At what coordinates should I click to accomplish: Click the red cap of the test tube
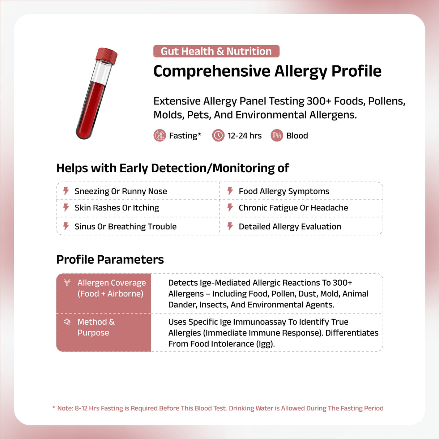(x=107, y=56)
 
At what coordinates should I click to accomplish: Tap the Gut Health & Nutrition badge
(x=216, y=51)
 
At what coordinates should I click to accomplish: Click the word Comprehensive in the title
(x=212, y=71)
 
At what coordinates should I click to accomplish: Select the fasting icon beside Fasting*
(x=159, y=136)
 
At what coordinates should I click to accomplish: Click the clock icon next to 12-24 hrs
(x=218, y=136)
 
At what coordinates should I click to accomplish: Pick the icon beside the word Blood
(x=277, y=136)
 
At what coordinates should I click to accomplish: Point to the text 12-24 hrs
(x=244, y=136)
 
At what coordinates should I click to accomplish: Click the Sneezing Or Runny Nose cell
(x=120, y=191)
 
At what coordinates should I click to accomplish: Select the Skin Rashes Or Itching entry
(x=116, y=208)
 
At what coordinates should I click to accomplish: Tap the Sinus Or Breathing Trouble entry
(x=125, y=227)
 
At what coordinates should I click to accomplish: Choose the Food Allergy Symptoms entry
(x=284, y=191)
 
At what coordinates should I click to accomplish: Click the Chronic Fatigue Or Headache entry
(x=293, y=208)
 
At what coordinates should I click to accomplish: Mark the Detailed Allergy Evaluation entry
(x=290, y=227)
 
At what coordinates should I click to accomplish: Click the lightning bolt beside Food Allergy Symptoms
(x=230, y=191)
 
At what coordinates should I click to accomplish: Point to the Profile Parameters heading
(x=110, y=260)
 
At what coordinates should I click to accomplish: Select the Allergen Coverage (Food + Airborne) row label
(x=111, y=288)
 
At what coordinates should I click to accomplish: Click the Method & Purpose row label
(x=96, y=327)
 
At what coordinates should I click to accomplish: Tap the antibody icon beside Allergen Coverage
(x=67, y=283)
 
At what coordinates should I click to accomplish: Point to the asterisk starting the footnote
(x=54, y=408)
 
